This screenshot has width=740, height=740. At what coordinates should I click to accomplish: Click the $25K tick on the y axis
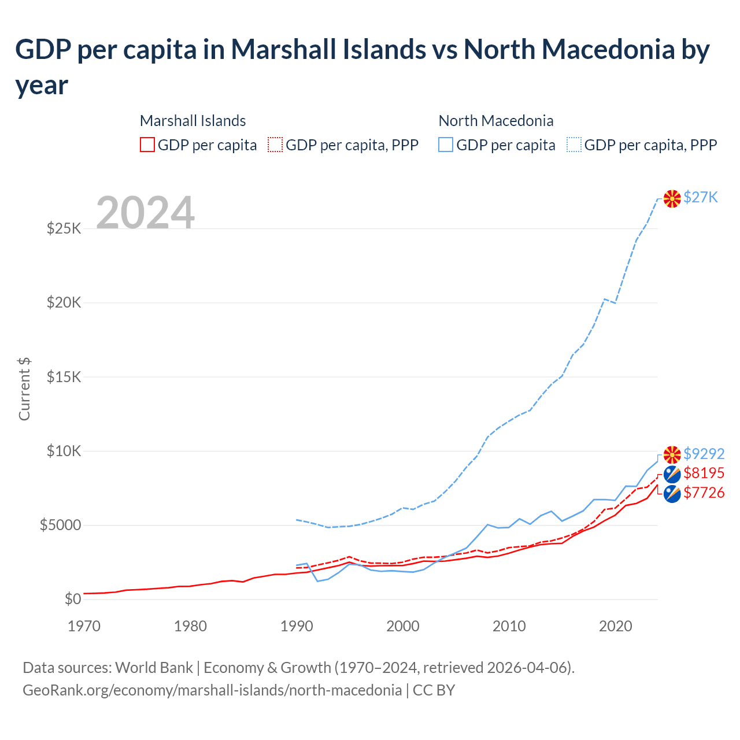point(64,228)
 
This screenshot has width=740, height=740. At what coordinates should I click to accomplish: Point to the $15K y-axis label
point(64,377)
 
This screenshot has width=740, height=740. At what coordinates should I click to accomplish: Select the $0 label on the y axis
point(73,599)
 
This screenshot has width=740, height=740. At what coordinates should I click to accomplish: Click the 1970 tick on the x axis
point(84,626)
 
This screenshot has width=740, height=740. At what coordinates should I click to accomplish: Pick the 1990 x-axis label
point(297,626)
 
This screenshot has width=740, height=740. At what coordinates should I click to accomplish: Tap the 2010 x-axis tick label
point(509,626)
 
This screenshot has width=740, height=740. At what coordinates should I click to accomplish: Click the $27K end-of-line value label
point(701,197)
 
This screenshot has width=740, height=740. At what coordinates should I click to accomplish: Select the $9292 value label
point(704,454)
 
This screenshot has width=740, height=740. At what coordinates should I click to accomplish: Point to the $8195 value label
point(704,473)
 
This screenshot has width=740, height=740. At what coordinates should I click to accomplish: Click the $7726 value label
point(704,493)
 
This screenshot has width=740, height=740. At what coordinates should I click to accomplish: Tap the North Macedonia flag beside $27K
point(672,198)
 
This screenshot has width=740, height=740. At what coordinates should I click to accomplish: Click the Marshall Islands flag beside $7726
point(672,494)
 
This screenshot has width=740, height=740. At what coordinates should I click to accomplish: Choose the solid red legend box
point(147,145)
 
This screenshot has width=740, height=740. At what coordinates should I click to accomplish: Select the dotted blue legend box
point(574,145)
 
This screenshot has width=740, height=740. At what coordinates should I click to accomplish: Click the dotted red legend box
point(275,145)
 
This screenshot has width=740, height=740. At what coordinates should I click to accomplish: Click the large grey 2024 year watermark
point(145,213)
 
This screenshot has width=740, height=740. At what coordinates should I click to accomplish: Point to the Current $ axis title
point(24,389)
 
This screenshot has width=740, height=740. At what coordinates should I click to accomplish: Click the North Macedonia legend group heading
point(496,121)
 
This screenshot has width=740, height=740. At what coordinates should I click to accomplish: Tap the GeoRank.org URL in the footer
point(212,690)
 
